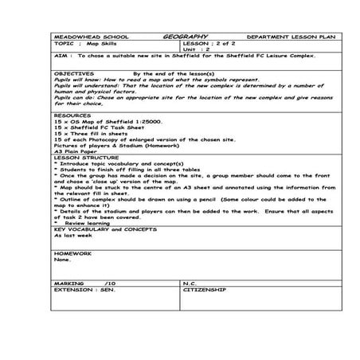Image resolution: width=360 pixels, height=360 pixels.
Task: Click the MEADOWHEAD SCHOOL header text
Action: coord(83,37)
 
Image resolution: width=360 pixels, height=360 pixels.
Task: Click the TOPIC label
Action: coord(63,43)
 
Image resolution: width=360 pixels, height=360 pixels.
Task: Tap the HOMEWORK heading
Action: coord(72,253)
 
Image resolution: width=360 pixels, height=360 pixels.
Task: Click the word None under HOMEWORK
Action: coord(62,260)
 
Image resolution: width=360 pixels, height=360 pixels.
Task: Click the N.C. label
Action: coord(190,283)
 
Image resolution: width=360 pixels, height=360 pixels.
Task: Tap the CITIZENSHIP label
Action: coord(205,290)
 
